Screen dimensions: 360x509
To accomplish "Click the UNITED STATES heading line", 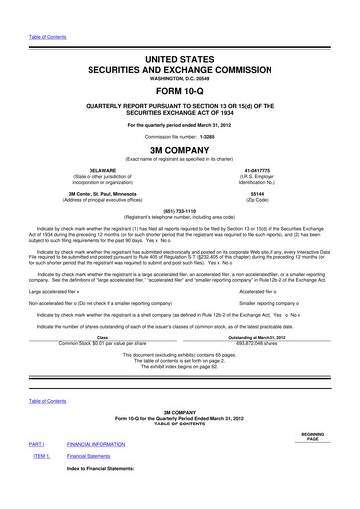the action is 179,34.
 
